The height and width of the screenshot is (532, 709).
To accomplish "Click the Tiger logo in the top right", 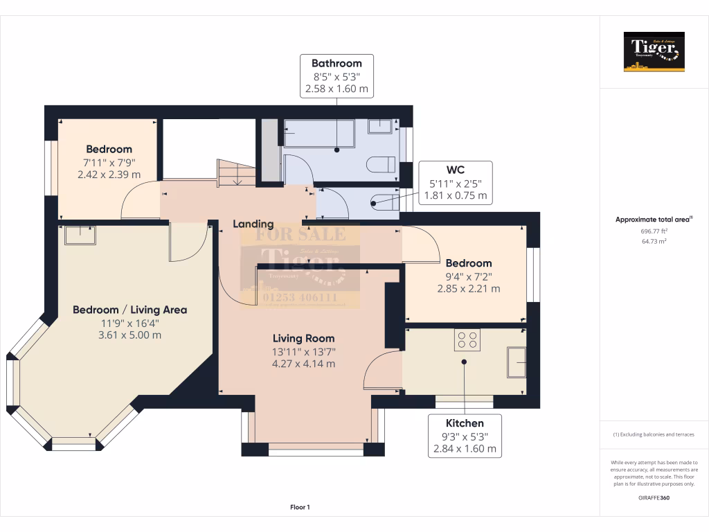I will (654, 51).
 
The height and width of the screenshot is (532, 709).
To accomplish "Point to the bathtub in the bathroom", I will (319, 134).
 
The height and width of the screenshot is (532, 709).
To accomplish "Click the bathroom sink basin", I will (380, 126).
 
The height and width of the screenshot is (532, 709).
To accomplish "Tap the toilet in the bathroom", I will (382, 164).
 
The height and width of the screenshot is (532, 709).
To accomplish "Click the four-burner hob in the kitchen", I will (467, 339).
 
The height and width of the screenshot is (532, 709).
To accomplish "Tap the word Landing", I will (253, 224).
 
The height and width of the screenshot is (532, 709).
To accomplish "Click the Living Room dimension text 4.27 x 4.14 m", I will (304, 364).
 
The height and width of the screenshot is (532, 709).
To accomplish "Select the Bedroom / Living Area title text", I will (130, 310).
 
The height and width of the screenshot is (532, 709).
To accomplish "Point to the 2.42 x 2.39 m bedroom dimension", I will (109, 175).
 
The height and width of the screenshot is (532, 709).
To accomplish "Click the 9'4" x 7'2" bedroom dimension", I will (468, 276).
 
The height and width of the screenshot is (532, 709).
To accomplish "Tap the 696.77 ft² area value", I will (654, 231).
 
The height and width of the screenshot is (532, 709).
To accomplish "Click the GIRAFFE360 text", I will (654, 497).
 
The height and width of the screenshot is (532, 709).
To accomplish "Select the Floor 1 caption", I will (300, 508).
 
